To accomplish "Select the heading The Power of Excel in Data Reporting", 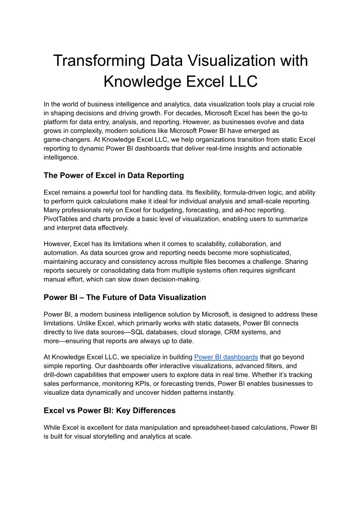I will (x=114, y=176).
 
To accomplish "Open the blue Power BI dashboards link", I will (x=226, y=357).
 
